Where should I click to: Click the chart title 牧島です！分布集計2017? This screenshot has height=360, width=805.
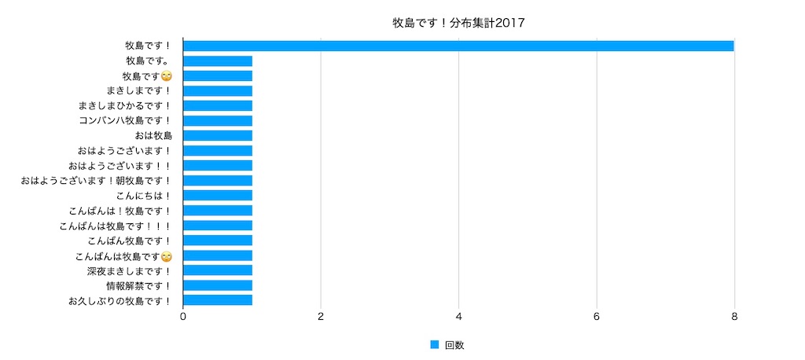tap(458, 23)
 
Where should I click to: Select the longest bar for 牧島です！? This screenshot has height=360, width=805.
tap(458, 46)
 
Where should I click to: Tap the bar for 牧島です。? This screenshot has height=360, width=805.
tap(218, 61)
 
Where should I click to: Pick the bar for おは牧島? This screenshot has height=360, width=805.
tap(218, 135)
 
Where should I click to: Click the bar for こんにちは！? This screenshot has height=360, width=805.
tap(218, 196)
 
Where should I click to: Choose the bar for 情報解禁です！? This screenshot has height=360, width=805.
tap(218, 285)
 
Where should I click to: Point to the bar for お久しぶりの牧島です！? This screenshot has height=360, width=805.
tap(218, 300)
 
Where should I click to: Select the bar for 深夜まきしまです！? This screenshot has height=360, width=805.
tap(218, 270)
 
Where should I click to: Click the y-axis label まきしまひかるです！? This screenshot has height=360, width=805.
tap(125, 106)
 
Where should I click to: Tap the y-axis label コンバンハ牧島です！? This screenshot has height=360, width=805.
tap(125, 121)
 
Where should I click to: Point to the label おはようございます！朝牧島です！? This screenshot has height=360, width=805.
tap(96, 181)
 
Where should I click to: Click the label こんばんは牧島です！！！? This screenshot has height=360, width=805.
tap(115, 226)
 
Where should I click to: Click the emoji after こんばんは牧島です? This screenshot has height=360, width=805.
tap(166, 255)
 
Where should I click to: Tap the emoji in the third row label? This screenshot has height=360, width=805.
tap(166, 76)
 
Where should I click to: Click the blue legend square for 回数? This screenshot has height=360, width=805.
tap(434, 345)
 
